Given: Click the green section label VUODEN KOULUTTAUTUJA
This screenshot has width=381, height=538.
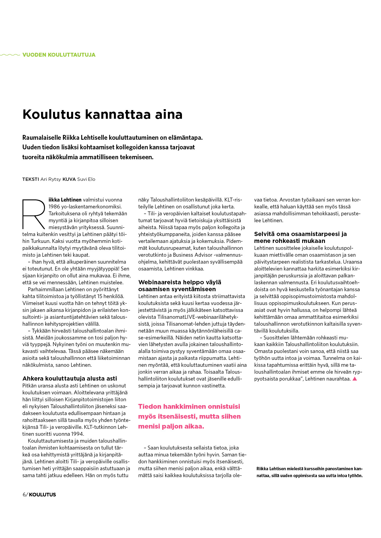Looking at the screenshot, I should pyautogui.click(x=59, y=55).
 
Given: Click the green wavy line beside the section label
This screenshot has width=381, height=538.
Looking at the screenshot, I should pyautogui.click(x=10, y=55).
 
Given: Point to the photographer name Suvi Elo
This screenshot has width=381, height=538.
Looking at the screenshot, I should pyautogui.click(x=86, y=179).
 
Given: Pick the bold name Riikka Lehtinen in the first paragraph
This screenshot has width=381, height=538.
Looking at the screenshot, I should pyautogui.click(x=65, y=200).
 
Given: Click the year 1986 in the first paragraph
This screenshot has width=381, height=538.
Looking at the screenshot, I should pyautogui.click(x=54, y=207).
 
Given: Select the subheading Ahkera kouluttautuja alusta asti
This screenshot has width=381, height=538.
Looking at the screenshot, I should pyautogui.click(x=70, y=378).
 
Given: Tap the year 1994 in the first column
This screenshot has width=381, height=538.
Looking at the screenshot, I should pyautogui.click(x=77, y=434).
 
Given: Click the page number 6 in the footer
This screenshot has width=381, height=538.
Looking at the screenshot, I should pyautogui.click(x=24, y=495).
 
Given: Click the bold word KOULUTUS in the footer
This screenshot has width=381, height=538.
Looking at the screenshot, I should pyautogui.click(x=42, y=495).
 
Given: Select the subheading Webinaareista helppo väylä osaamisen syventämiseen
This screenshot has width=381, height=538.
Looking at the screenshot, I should pyautogui.click(x=180, y=286).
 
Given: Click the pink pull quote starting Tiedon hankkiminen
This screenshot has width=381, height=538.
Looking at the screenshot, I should pyautogui.click(x=189, y=416).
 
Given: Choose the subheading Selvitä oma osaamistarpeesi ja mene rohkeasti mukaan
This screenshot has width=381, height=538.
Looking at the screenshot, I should pyautogui.click(x=300, y=237).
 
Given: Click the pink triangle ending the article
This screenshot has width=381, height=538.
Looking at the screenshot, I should pyautogui.click(x=355, y=379).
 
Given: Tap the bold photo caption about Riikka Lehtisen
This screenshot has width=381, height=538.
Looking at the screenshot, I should pyautogui.click(x=309, y=472).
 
